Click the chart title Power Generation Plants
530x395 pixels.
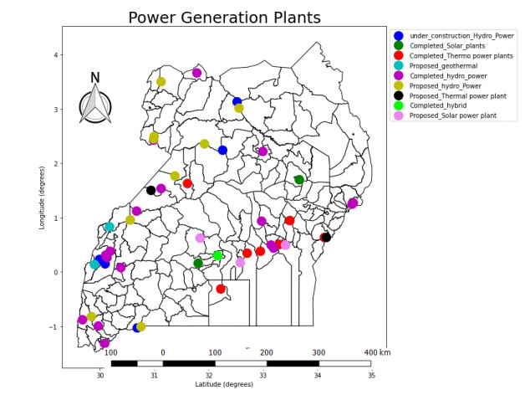(x=224, y=18)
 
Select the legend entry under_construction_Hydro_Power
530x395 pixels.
(x=459, y=36)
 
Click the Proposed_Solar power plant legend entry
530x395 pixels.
(x=452, y=115)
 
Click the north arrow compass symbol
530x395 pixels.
(x=95, y=106)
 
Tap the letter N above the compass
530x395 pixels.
(x=95, y=78)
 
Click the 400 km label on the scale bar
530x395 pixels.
(x=377, y=352)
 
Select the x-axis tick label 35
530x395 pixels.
(x=371, y=376)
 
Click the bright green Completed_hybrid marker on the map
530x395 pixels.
(x=217, y=255)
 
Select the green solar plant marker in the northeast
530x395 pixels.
(x=299, y=180)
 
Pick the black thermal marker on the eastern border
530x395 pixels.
(x=327, y=238)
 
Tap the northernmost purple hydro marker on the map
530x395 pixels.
(x=197, y=73)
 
